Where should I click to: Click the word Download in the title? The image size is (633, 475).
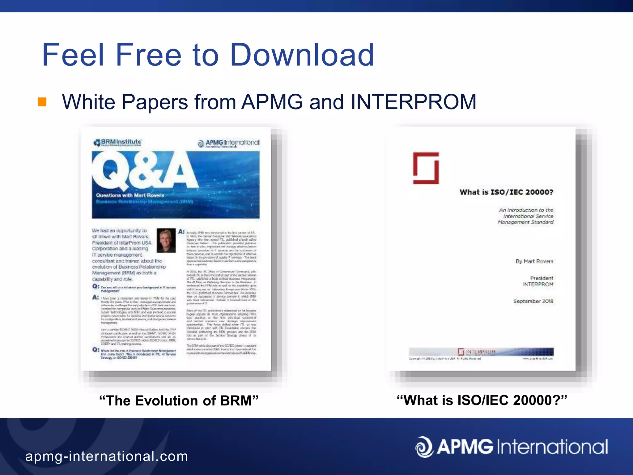302,55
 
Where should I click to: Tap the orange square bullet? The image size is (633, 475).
42,102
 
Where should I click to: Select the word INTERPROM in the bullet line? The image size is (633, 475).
413,102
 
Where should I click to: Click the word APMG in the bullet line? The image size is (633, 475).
272,102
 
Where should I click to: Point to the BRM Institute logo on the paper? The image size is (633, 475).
117,143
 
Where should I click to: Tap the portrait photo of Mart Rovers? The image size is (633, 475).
166,240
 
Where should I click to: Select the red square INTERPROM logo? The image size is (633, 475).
426,168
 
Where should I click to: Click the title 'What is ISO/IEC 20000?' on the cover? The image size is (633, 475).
506,192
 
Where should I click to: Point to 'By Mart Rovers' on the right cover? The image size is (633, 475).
534,261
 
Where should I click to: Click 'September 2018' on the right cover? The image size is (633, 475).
533,301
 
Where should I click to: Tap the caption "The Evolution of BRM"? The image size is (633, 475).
179,400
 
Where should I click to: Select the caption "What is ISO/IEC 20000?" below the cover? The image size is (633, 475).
482,400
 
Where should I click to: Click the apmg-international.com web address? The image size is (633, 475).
107,456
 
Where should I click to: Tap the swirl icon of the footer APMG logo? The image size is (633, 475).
424,447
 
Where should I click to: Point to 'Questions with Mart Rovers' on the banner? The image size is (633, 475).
130,195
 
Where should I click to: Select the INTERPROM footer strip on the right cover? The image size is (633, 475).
481,352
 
